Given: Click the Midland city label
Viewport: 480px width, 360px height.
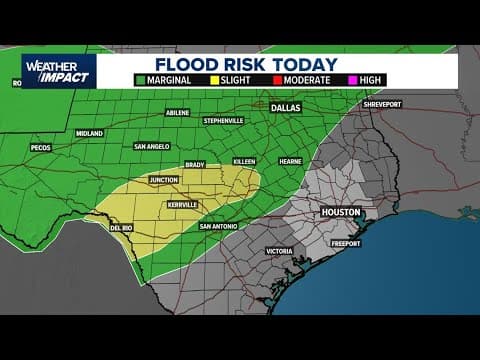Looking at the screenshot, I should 89,132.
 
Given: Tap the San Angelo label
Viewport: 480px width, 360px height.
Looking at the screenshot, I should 152,146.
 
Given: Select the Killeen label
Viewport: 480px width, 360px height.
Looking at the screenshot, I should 244,161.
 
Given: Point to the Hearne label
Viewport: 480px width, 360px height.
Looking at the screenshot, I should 289,161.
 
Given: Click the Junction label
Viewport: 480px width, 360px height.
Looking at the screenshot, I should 163,180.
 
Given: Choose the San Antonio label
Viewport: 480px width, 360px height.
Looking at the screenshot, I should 219,226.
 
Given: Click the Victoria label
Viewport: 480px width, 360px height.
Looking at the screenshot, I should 279,250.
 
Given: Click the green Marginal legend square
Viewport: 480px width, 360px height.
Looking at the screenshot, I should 142,80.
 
